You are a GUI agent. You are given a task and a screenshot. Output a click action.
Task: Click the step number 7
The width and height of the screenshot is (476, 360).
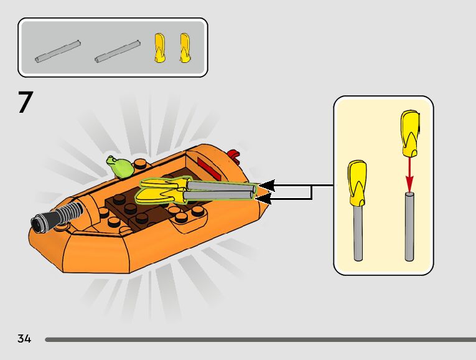coord(25,103)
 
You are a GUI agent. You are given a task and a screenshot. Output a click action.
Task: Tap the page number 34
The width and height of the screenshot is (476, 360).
coord(24,339)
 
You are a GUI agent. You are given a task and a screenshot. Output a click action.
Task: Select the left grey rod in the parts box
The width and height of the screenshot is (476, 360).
coord(58,51)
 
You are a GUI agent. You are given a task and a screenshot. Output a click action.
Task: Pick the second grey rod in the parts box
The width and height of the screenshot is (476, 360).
coord(117,51)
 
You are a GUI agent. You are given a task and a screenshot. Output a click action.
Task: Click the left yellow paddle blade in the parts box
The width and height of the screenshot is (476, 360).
coord(159,48)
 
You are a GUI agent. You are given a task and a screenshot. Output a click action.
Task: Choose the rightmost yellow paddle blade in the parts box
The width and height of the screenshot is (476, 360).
coord(184,48)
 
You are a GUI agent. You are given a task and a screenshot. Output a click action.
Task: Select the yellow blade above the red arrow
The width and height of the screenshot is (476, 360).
coord(409,133)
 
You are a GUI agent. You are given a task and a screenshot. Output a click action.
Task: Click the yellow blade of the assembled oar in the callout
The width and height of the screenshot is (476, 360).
coord(357,182)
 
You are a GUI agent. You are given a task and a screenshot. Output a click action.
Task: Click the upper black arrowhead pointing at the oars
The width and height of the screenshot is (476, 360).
coord(266,185)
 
